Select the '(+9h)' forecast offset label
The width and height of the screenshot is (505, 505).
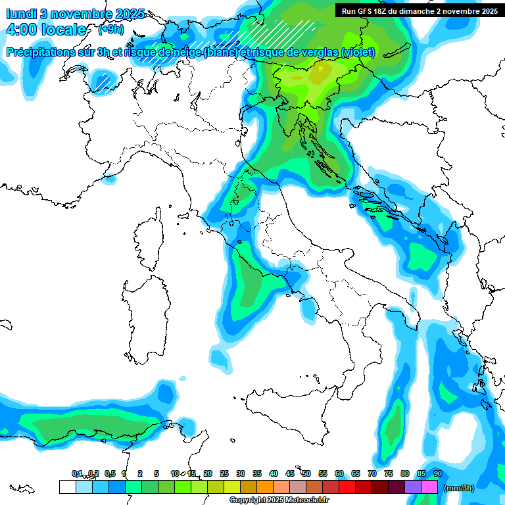click(110, 30)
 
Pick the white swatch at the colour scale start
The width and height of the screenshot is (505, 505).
click(67, 487)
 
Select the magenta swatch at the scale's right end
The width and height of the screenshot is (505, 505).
click(429, 487)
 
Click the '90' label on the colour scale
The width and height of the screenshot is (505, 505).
click(438, 473)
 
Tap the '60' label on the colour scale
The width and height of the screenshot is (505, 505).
click(339, 473)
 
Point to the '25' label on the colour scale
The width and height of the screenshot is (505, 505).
click(224, 473)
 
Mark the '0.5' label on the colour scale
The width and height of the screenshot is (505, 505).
click(110, 473)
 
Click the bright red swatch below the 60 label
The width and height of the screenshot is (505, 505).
click(347, 487)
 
